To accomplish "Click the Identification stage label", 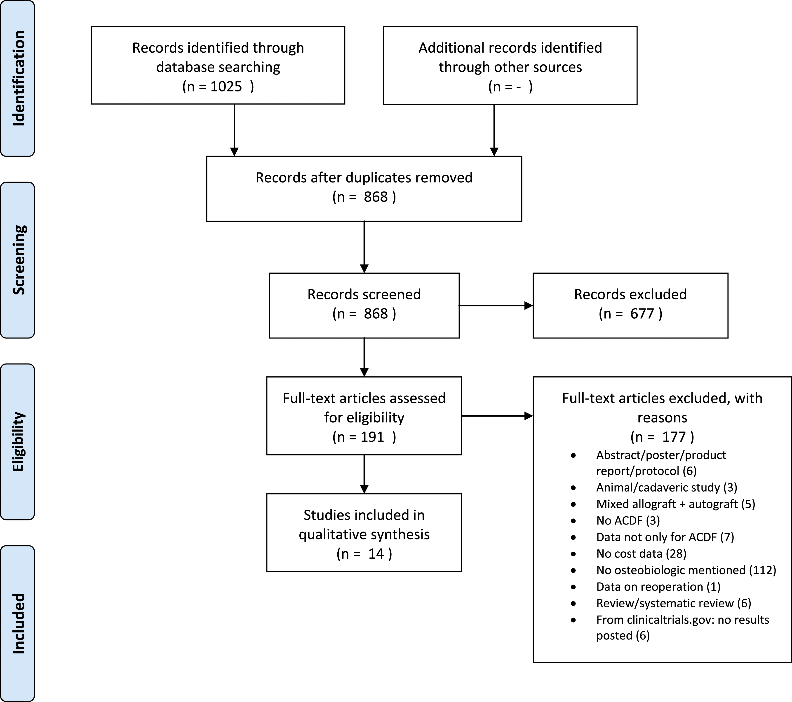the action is pos(18,78).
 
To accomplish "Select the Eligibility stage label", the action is pos(18,441).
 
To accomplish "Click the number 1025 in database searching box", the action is pos(226,86).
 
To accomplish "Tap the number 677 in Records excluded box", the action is pos(642,314).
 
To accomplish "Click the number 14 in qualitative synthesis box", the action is pos(376,554).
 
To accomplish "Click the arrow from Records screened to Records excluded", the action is pos(496,306).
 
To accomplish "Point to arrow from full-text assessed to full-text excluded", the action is pos(497,416).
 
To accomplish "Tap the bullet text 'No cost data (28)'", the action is pos(641,554).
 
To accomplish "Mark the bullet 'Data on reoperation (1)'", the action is pos(658,587).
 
